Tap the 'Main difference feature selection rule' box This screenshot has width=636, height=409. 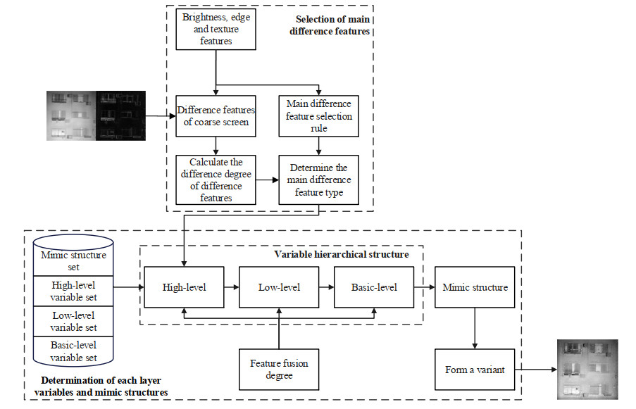[320, 115]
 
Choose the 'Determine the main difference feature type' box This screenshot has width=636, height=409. [320, 180]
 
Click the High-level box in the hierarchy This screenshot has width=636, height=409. [184, 287]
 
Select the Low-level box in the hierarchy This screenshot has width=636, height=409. [280, 287]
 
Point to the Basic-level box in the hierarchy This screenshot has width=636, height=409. [374, 287]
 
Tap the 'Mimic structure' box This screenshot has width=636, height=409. [475, 287]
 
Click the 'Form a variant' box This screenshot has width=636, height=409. [475, 369]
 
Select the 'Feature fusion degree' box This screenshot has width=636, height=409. [280, 369]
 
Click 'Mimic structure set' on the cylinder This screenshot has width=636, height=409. [74, 261]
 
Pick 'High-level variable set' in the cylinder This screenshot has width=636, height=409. [74, 291]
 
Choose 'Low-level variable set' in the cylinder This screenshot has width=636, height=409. [74, 321]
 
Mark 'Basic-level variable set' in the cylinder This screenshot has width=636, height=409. [74, 351]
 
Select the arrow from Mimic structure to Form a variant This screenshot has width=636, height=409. [475, 328]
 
